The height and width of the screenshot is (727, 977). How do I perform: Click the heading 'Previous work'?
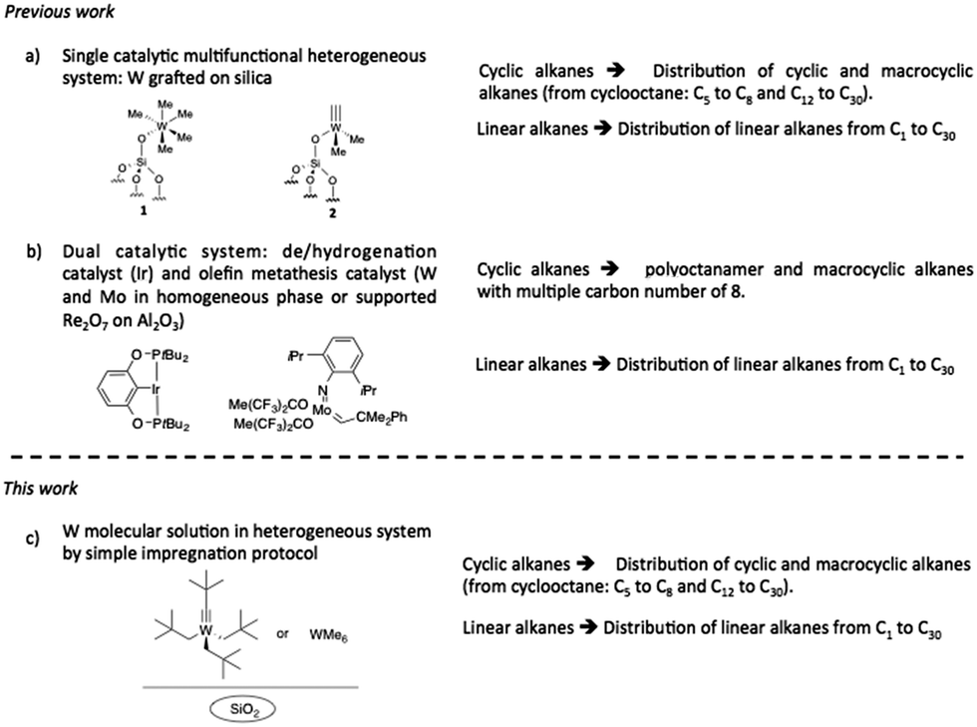[x=60, y=12]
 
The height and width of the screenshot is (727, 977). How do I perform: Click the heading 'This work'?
[x=41, y=488]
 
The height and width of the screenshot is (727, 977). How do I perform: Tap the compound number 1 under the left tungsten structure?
[x=144, y=210]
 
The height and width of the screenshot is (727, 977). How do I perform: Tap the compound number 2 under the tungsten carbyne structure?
[x=333, y=212]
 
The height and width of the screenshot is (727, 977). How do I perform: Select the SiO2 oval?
[x=242, y=709]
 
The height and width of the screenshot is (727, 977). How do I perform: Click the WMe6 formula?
[x=328, y=635]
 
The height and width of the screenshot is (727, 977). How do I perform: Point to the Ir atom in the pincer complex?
[x=156, y=390]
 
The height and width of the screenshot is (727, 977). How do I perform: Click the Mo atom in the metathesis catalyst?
[x=321, y=410]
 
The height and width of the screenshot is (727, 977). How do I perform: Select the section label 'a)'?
[x=32, y=57]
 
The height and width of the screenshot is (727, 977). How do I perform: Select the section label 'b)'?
[x=33, y=252]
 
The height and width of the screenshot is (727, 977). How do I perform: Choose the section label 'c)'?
[x=32, y=539]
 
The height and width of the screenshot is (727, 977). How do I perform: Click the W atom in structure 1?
[x=162, y=127]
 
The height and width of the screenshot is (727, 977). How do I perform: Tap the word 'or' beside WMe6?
[x=283, y=634]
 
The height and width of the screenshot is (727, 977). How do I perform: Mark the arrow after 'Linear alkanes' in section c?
[x=588, y=627]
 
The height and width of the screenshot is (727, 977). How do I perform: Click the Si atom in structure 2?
[x=315, y=164]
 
